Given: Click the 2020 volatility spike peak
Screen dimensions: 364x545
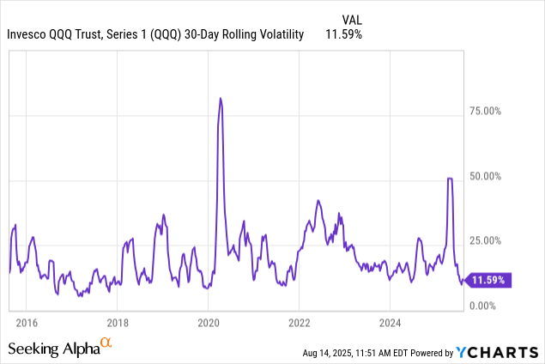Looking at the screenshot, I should coord(221,99).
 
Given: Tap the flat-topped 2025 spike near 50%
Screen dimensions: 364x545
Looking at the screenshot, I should coord(450,179).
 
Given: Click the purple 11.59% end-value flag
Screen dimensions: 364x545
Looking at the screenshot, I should coord(489,280).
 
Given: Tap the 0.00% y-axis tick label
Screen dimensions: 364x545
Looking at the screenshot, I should coord(488,306).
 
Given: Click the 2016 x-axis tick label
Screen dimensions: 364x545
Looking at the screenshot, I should coord(27,323).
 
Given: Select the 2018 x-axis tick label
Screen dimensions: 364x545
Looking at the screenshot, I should coord(118,323).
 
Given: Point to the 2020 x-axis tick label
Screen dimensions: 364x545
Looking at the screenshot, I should coord(209,323).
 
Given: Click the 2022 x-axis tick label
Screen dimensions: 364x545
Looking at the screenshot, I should coord(299,323).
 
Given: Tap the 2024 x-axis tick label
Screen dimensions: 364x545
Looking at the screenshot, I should coord(390,323).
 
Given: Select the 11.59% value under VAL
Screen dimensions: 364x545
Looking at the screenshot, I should coord(343,35).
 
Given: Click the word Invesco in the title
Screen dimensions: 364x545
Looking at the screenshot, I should coord(28,35).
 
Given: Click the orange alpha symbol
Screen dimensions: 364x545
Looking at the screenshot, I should coord(106,343).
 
